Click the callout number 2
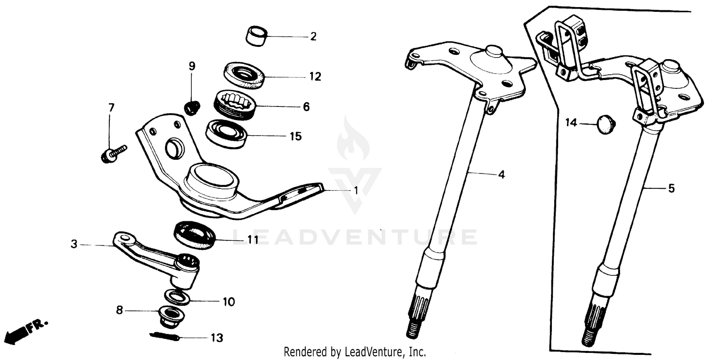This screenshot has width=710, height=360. click(313, 36)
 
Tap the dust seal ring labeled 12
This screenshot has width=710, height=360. click(243, 75)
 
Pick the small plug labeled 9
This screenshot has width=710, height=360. click(192, 108)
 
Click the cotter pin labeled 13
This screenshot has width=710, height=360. click(163, 337)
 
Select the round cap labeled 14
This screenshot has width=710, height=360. click(605, 125)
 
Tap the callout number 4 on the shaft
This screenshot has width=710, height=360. click(501, 175)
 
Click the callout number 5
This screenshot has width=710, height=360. click(671, 189)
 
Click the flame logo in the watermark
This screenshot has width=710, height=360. click(353, 140)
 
